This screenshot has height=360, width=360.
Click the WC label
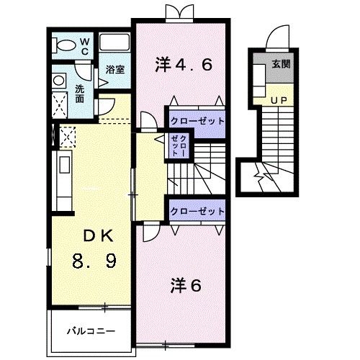[84, 47]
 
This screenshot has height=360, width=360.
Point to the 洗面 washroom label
[82, 94]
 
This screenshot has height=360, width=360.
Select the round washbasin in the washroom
[59, 80]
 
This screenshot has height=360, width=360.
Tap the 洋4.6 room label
[183, 65]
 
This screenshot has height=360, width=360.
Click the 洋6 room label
[186, 285]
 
